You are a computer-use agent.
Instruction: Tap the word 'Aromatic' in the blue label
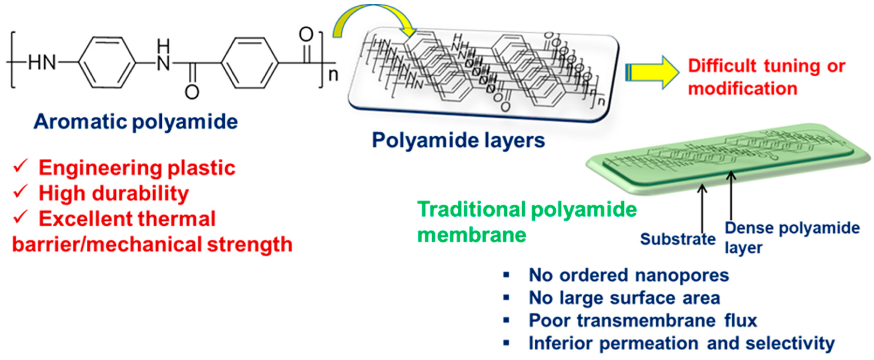(80, 121)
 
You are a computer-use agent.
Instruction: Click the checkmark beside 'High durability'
(20, 192)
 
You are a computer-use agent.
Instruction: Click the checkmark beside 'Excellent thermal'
(20, 218)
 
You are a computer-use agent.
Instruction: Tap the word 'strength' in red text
(250, 244)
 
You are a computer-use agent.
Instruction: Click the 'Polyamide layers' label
(458, 140)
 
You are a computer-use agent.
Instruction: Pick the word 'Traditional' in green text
(471, 209)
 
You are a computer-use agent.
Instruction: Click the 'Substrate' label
(677, 239)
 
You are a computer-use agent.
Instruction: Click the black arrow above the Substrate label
(702, 207)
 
